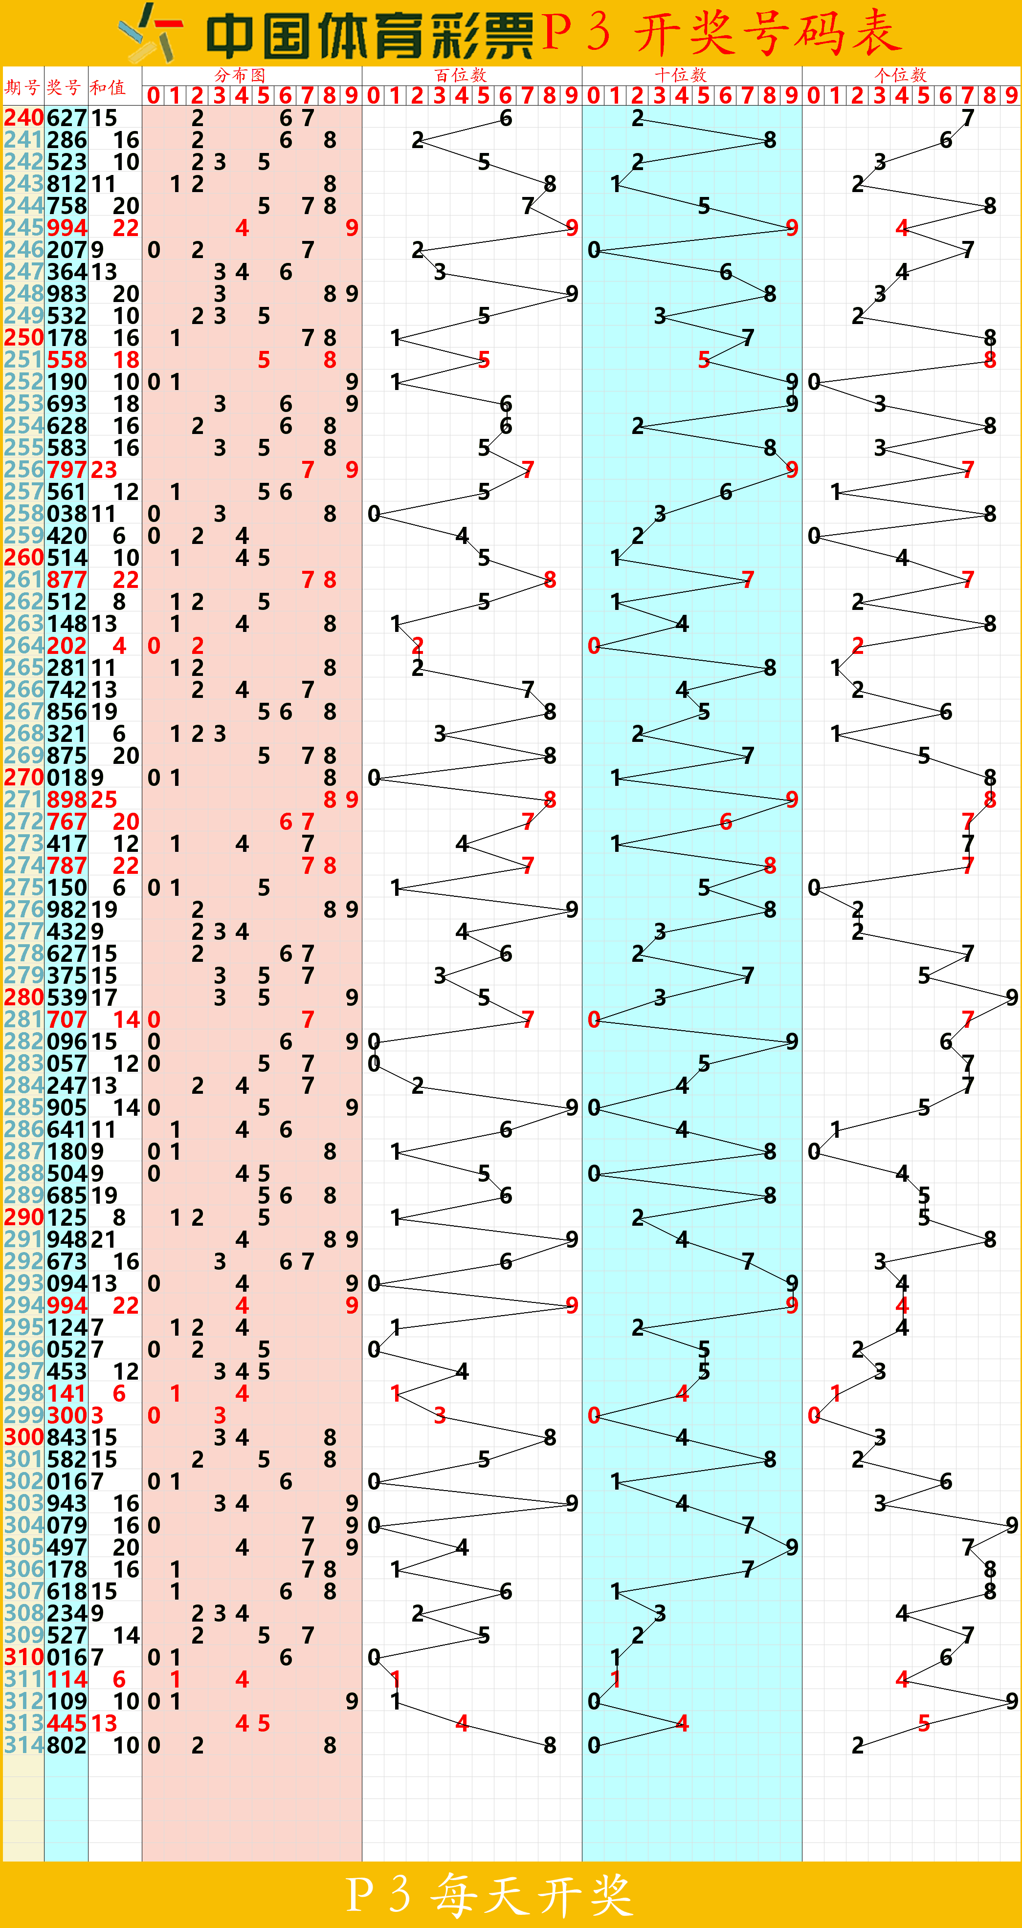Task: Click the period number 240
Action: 23,117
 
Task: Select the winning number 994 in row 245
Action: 67,228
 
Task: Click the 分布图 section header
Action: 240,75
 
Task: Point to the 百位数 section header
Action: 461,75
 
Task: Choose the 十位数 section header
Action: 681,75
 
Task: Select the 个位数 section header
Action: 901,75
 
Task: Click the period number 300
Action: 23,1437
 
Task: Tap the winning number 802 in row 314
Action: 67,1745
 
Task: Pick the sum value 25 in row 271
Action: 104,800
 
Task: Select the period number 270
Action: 23,778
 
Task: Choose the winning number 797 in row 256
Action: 67,469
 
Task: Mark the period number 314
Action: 23,1745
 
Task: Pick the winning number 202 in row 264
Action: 67,645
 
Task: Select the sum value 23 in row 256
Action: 104,469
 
